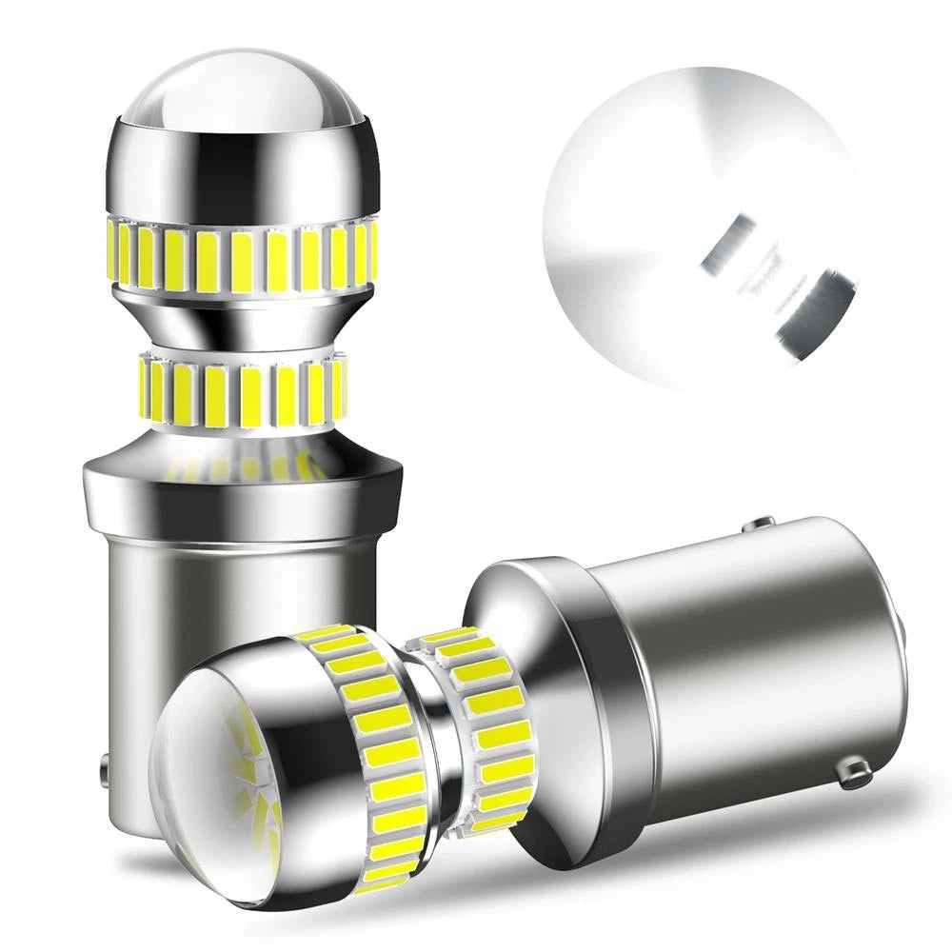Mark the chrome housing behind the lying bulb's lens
click(305, 790)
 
